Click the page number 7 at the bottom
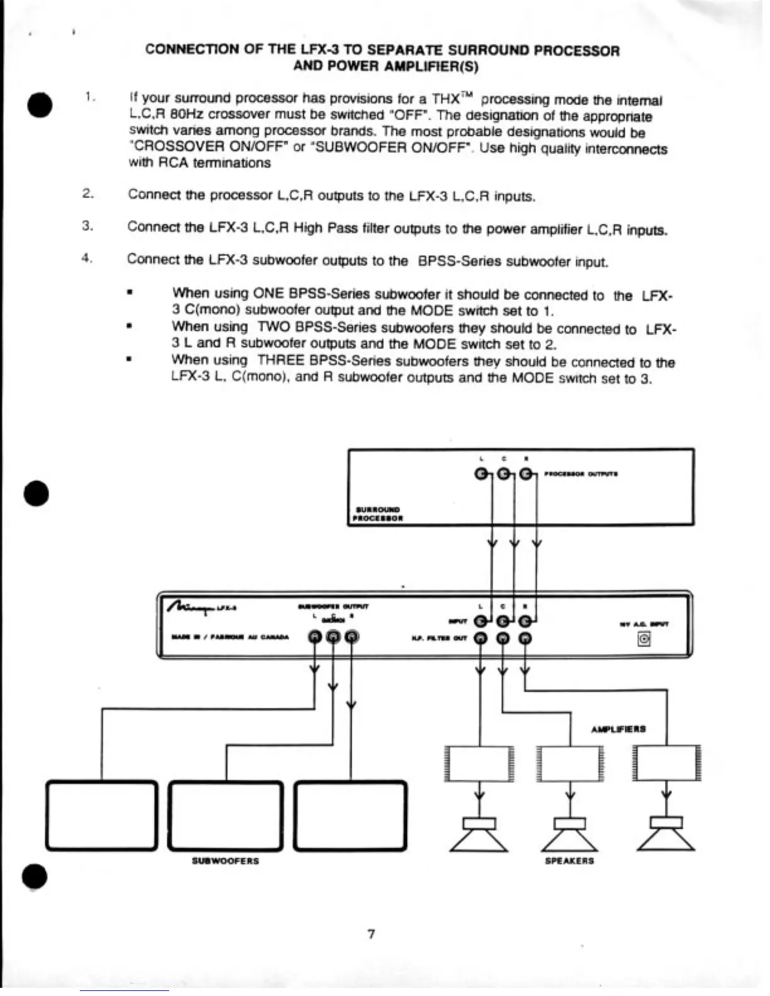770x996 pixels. [371, 934]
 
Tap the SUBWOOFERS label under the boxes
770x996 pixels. [225, 861]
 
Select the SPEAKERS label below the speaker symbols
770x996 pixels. [569, 861]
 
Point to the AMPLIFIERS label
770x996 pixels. [618, 729]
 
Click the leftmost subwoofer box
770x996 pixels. [101, 816]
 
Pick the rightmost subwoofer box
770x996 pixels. [350, 816]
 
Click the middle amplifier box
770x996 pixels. [570, 763]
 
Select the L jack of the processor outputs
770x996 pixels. [482, 474]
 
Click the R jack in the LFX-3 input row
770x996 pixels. [525, 622]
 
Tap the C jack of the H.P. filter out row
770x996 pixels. [503, 638]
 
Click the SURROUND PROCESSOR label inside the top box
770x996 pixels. [377, 514]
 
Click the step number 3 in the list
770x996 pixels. [87, 226]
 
